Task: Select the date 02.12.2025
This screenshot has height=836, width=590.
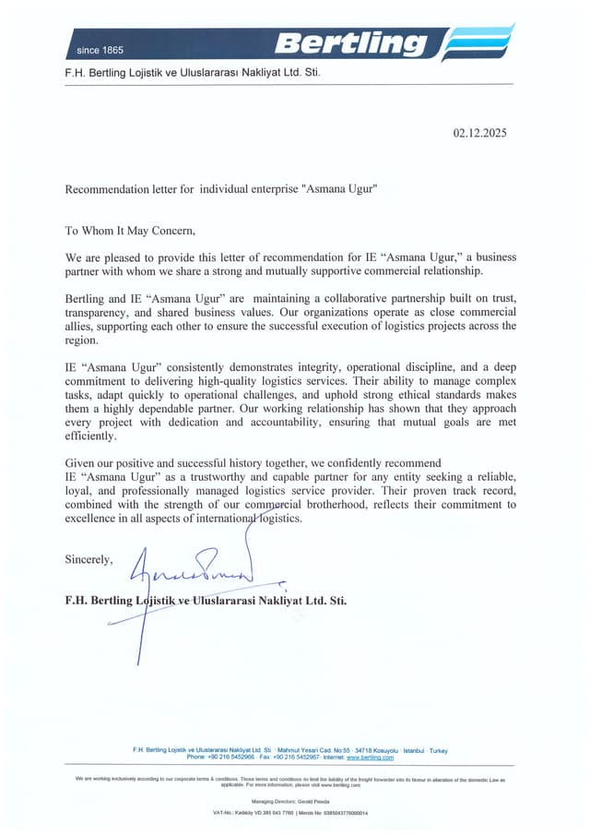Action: (x=479, y=133)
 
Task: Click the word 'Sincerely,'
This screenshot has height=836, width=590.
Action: (x=88, y=559)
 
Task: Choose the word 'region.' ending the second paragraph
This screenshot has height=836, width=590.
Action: (x=81, y=340)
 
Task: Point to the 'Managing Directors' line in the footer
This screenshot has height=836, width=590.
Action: (x=296, y=801)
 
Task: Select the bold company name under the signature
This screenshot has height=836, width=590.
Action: (x=206, y=599)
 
